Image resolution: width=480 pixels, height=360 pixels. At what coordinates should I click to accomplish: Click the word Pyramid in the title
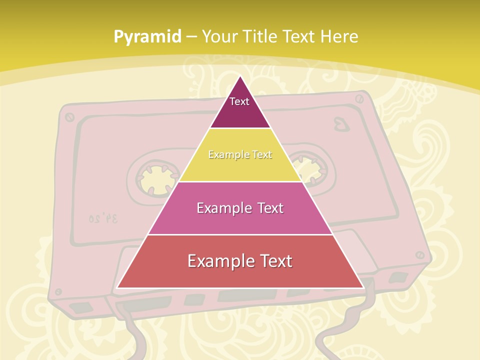(147, 36)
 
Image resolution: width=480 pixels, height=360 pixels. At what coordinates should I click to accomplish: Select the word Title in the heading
(262, 36)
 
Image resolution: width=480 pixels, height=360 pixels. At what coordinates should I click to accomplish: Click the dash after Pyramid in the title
(191, 37)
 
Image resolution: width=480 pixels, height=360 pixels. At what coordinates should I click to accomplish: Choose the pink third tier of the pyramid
(240, 220)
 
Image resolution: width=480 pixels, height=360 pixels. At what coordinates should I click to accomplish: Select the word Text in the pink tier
(267, 208)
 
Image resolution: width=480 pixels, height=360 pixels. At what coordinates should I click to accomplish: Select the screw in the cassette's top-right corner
(360, 98)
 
